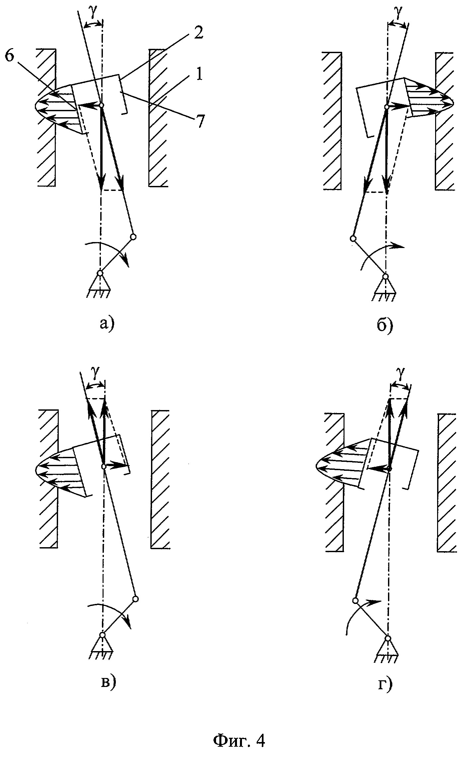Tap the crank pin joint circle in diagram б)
coord(353,238)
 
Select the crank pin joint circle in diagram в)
coord(135,599)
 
